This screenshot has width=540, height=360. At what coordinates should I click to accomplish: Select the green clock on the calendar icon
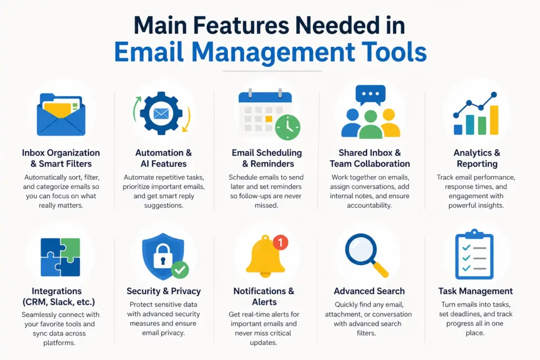pyautogui.click(x=287, y=128)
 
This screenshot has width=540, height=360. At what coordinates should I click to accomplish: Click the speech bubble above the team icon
pyautogui.click(x=370, y=95)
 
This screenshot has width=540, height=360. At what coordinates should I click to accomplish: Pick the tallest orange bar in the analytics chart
pyautogui.click(x=494, y=120)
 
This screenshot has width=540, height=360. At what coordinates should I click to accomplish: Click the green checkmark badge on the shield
pyautogui.click(x=180, y=270)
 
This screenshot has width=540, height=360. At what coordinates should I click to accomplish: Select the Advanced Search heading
pyautogui.click(x=369, y=291)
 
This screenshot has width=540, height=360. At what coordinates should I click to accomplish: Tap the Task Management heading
pyautogui.click(x=475, y=291)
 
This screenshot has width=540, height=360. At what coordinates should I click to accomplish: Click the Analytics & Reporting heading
pyautogui.click(x=477, y=158)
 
